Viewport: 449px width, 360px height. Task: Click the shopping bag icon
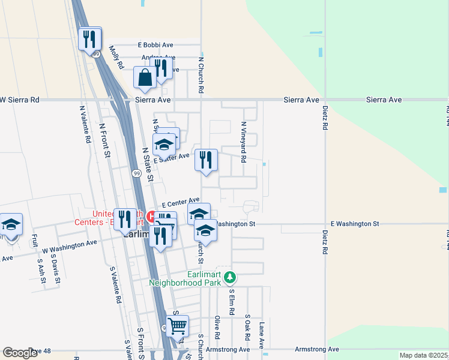coord(145,77)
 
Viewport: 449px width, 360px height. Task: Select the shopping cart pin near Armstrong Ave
coord(177,326)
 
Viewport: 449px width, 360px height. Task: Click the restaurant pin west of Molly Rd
coord(90,39)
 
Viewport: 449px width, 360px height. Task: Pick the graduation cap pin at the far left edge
coord(10,225)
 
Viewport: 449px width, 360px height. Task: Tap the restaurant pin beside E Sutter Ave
coord(206,160)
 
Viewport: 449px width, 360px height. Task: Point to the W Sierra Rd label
coord(20,100)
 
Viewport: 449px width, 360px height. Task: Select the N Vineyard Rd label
coord(244,142)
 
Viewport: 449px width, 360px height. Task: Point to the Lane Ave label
coord(262,335)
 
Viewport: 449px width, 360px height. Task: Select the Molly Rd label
coord(116,56)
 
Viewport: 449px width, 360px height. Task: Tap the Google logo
coord(20,353)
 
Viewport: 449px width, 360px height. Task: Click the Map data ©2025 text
coord(423,355)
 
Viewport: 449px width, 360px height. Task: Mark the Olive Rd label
coord(217,327)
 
